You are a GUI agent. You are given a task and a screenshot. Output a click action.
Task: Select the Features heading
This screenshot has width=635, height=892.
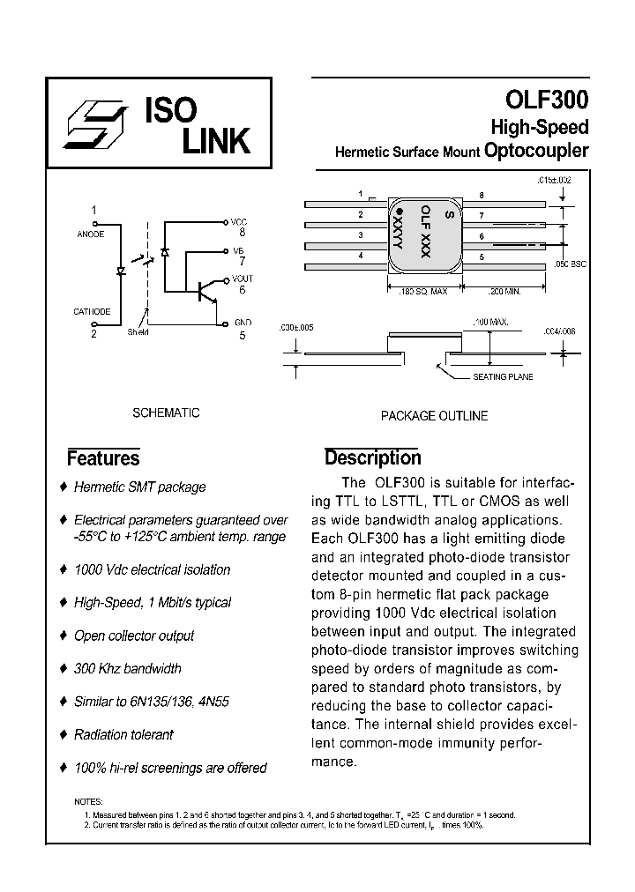[x=103, y=458]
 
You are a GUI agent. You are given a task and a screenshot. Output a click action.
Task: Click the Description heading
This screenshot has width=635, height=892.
[x=372, y=457]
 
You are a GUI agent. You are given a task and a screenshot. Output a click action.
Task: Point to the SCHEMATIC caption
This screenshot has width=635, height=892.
[x=165, y=413]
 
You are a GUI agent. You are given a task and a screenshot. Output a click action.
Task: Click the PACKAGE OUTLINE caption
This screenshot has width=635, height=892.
[x=434, y=416]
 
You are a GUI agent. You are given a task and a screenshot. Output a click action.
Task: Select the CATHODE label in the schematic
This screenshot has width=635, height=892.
[x=92, y=311]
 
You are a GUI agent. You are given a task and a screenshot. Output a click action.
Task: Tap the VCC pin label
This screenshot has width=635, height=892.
[x=239, y=222]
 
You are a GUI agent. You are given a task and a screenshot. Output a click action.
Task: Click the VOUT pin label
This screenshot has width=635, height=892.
[x=242, y=279]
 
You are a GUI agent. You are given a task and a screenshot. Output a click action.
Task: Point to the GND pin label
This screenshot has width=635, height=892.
[x=242, y=323]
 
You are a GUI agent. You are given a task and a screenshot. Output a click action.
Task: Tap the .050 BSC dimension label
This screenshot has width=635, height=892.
[x=572, y=264]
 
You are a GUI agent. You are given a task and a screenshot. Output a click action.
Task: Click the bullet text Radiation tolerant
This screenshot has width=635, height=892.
[x=123, y=734]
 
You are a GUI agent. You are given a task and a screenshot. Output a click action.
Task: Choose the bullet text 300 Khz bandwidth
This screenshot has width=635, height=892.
[x=128, y=669]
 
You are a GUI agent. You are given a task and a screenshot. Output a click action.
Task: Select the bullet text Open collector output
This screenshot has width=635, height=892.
[x=134, y=636]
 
